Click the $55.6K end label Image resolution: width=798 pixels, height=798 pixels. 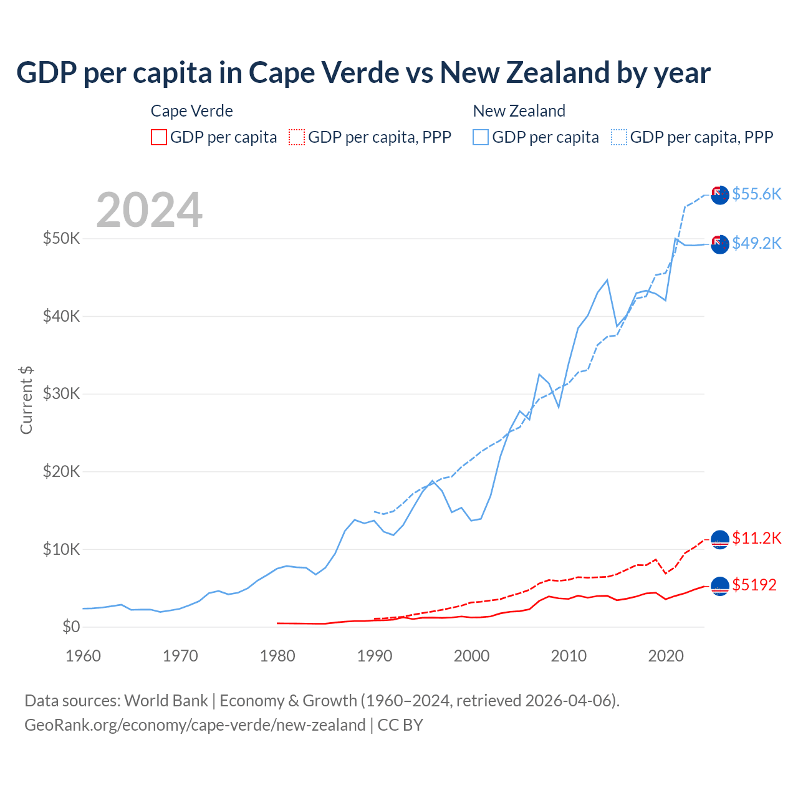point(756,194)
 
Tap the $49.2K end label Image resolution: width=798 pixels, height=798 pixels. point(756,243)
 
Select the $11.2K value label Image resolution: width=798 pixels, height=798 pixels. point(756,538)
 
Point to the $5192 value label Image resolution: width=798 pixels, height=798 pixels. point(754,585)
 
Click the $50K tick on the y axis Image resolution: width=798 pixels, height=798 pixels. point(61,238)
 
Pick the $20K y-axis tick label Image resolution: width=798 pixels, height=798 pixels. point(61,471)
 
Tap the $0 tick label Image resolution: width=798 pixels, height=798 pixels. point(71,627)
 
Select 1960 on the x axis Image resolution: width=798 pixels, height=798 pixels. point(83,656)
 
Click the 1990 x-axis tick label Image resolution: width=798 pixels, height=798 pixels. point(375,656)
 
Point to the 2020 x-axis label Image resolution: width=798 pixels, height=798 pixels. point(666,656)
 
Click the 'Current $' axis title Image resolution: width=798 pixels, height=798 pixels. point(26,400)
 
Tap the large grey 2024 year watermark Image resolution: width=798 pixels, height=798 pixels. point(150,210)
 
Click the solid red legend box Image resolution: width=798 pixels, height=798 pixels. point(159,137)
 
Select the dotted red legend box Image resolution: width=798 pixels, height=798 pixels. point(297,137)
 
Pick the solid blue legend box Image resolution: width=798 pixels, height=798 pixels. point(481,137)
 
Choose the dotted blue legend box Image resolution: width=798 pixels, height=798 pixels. point(619,137)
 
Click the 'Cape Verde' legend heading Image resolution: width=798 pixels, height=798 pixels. point(192,111)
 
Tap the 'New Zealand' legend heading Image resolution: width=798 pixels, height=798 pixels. point(519,111)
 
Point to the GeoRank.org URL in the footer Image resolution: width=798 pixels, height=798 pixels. point(195,725)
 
